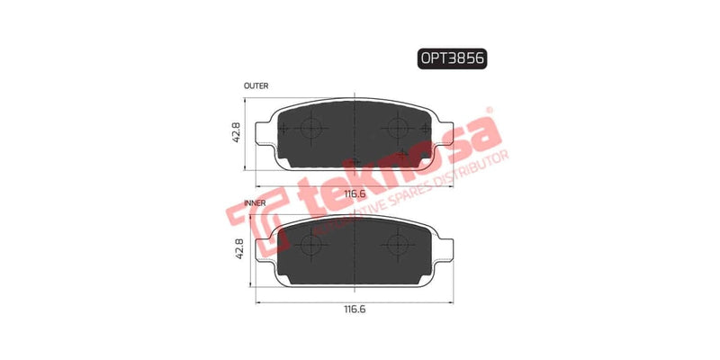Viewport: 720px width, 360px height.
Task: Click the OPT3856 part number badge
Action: (455, 58)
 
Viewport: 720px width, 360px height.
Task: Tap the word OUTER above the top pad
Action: (256, 85)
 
